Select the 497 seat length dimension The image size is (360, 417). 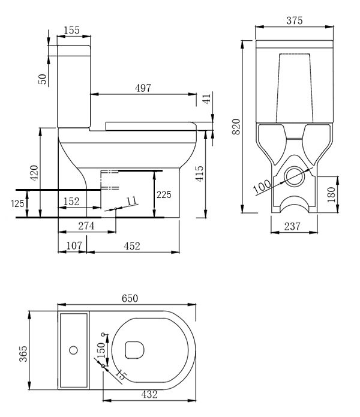coord(143,88)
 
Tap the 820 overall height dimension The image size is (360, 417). coord(236,126)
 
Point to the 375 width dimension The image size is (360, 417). coord(294,20)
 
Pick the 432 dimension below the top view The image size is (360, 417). coord(149,394)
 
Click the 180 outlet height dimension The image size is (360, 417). coord(331,195)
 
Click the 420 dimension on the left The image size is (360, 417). coord(34,172)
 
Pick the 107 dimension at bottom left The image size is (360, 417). coord(73,245)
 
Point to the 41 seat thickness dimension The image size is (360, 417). coord(207,99)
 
